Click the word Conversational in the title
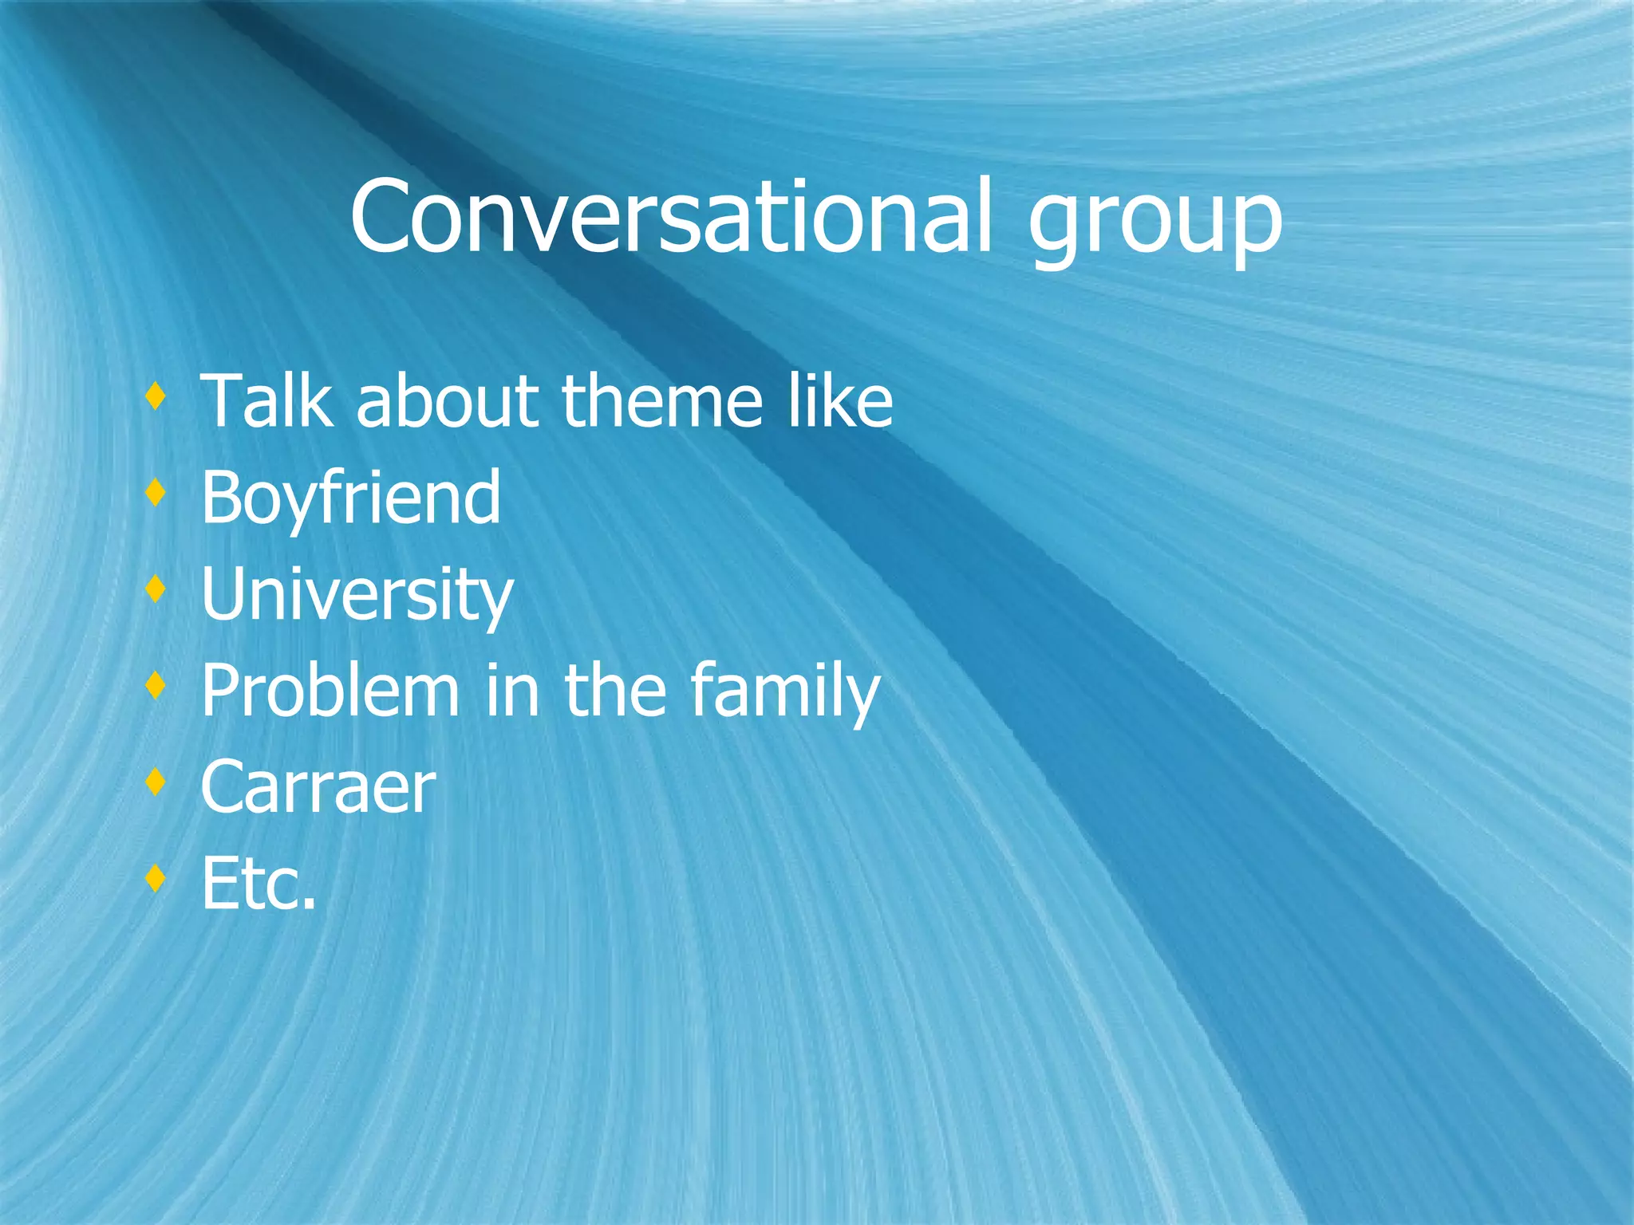click(x=670, y=217)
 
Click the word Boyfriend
click(x=351, y=498)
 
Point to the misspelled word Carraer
click(x=318, y=788)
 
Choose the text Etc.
click(x=259, y=884)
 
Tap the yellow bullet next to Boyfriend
click(x=156, y=492)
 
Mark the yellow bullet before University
click(x=156, y=589)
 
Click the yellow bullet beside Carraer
click(x=156, y=782)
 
